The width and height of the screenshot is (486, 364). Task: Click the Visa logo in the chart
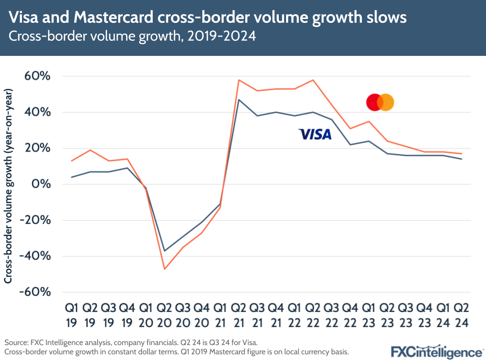coord(315,134)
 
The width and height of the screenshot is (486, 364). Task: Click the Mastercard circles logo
coord(379,103)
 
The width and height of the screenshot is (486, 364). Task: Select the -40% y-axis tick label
coord(35,256)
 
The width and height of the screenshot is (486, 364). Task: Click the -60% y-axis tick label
coord(35,292)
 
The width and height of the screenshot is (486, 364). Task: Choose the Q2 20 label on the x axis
coord(164,314)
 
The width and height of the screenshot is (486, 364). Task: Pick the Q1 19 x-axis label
coord(72,314)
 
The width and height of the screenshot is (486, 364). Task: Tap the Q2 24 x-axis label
coord(462,314)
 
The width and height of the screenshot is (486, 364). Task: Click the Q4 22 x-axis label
coord(350,314)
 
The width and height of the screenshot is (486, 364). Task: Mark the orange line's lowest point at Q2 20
coord(164,269)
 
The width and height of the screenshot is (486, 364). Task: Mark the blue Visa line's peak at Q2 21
coord(238,100)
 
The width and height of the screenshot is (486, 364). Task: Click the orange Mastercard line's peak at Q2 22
coord(313,80)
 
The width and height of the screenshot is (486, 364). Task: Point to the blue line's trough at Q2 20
coord(164,251)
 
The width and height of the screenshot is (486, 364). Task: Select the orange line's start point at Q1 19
coord(72,161)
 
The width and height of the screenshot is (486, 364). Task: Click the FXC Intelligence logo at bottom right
coord(436,351)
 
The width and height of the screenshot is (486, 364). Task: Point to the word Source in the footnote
coord(16,343)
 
